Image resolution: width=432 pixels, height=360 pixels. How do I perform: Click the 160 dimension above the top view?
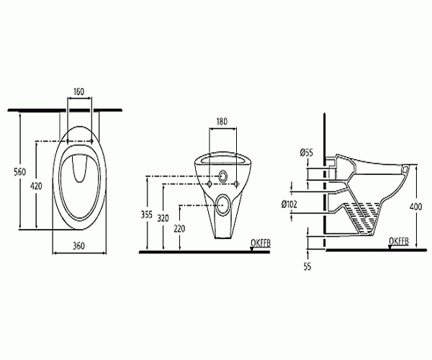point(80,91)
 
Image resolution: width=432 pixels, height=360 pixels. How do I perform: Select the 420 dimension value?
point(26,186)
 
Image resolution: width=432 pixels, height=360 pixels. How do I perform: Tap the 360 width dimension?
point(80,246)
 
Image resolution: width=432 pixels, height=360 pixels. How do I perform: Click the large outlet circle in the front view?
point(224,204)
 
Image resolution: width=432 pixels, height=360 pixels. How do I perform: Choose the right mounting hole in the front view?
point(238,186)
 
